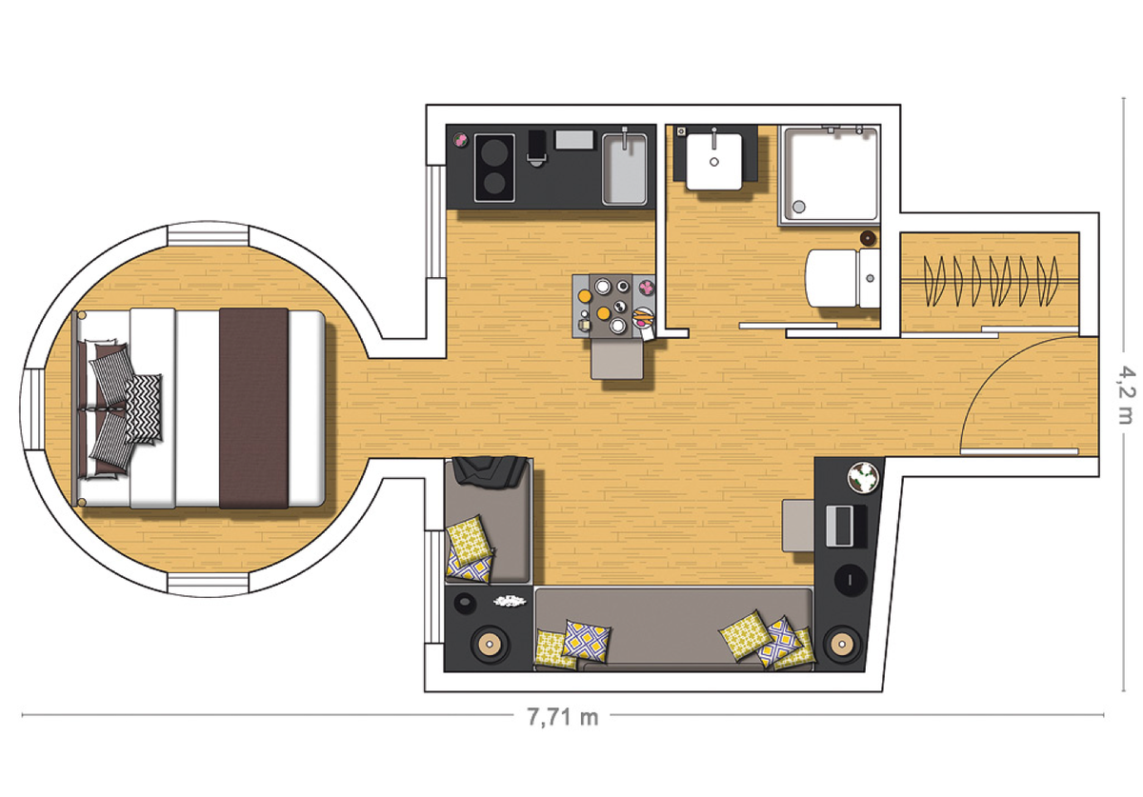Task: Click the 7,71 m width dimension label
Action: point(562,717)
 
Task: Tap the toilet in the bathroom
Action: point(842,278)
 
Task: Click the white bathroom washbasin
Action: point(713,161)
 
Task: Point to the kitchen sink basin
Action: point(625,169)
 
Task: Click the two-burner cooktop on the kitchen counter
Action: point(494,168)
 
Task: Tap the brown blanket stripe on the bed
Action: point(253,408)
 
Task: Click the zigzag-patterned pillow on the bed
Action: point(144,408)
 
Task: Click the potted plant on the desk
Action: point(863,477)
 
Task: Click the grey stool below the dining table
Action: point(617,359)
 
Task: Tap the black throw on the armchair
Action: point(490,470)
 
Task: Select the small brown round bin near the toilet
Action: point(868,237)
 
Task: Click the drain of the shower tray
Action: point(799,207)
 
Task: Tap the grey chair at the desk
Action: point(798,526)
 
